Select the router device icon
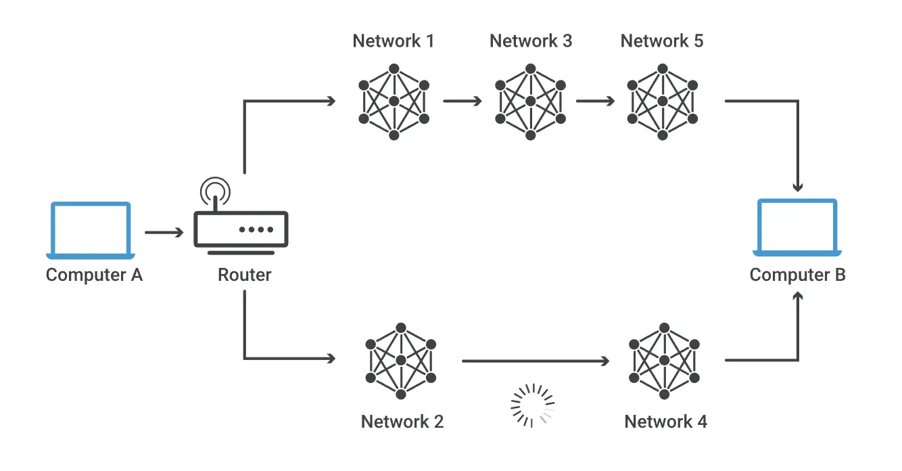pos(241,229)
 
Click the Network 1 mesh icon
pos(394,102)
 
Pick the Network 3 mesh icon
pos(530,102)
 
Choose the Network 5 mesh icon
pos(663,102)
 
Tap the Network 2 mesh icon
pos(401,361)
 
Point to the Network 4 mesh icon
pos(665,361)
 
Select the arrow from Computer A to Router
pos(164,233)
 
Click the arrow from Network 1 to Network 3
pos(462,101)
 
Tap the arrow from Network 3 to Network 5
pos(595,101)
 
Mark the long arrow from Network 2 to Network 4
pos(536,361)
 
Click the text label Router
pos(244,275)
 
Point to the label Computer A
pos(94,275)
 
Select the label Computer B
pos(797,275)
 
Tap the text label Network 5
pos(661,41)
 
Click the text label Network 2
pos(402,422)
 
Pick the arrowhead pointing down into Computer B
pos(797,187)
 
